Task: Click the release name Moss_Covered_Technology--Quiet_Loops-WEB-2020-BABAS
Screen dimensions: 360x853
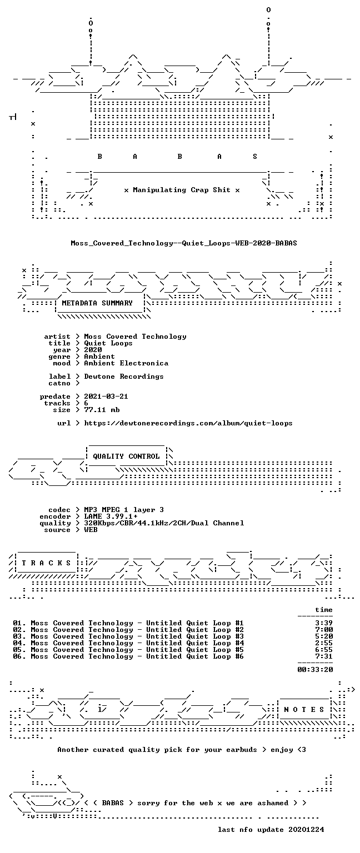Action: (x=184, y=243)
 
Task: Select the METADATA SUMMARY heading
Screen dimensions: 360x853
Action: (x=97, y=303)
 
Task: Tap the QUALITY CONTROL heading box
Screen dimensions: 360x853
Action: (x=126, y=456)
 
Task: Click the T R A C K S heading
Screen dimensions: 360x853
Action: (x=46, y=563)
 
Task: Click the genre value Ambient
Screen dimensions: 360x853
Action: (x=99, y=357)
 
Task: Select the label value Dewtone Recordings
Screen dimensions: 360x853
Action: (x=124, y=377)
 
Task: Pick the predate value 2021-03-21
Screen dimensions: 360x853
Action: (x=106, y=397)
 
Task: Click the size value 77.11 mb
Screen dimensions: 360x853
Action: (x=102, y=410)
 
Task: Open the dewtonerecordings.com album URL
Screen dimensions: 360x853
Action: (x=188, y=423)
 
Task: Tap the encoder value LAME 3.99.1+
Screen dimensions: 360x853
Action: (x=111, y=516)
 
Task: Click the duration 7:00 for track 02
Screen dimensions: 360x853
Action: (x=324, y=630)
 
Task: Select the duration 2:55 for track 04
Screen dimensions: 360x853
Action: (x=324, y=643)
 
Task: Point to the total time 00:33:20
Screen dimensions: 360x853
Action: (x=315, y=669)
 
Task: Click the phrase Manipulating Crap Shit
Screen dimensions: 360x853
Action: (x=181, y=190)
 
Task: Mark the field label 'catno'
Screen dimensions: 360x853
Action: (x=59, y=383)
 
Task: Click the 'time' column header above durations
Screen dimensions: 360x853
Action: (x=324, y=610)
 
